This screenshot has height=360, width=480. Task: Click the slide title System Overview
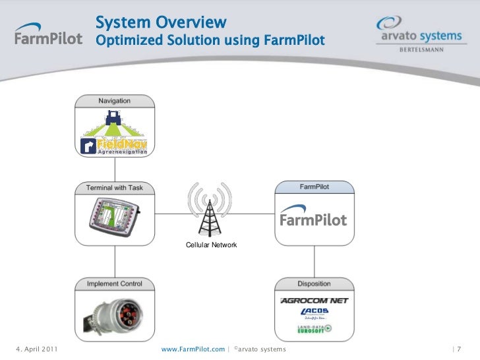click(162, 22)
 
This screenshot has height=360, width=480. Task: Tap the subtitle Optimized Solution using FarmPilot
click(210, 41)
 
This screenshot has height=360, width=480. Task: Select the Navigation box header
click(115, 101)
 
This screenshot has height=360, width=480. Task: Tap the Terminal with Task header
click(115, 188)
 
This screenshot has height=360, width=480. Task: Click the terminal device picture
click(114, 220)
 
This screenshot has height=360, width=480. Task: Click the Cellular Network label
click(211, 245)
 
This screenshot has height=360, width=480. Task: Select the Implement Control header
click(115, 284)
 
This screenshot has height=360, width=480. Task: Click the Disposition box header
click(314, 284)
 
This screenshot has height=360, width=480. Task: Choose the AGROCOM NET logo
click(314, 301)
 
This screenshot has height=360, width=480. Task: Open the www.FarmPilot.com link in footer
click(193, 348)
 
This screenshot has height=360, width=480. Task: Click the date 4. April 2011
click(36, 348)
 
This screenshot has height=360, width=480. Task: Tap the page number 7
click(458, 348)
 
